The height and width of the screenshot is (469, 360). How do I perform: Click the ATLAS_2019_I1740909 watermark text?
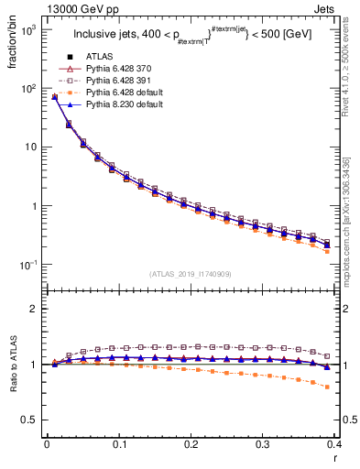click(190, 275)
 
